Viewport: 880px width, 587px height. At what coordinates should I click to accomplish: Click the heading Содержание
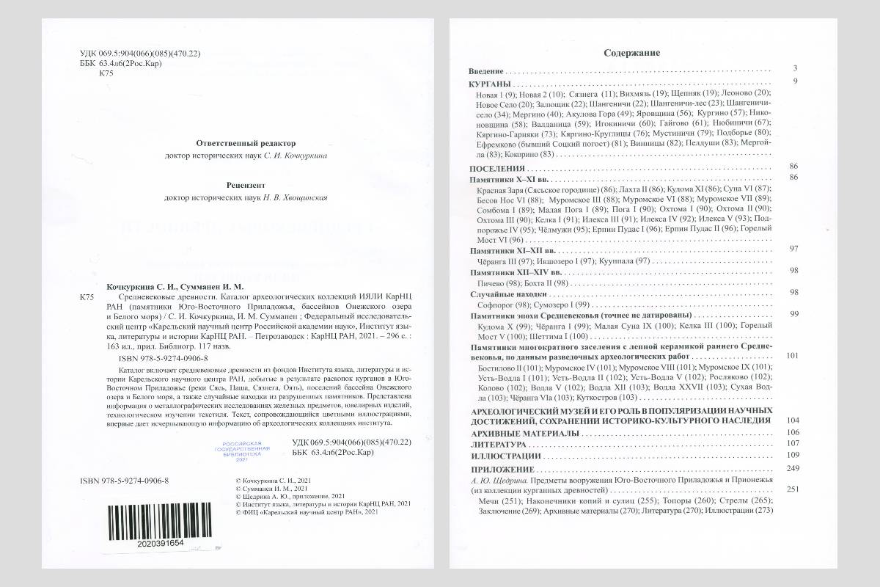(631, 53)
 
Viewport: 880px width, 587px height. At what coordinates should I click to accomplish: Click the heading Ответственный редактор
(246, 143)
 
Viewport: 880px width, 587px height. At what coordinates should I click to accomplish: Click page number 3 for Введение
(795, 68)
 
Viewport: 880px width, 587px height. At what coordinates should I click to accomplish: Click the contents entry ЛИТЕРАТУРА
(498, 445)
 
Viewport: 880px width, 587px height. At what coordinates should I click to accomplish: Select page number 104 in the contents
(791, 420)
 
